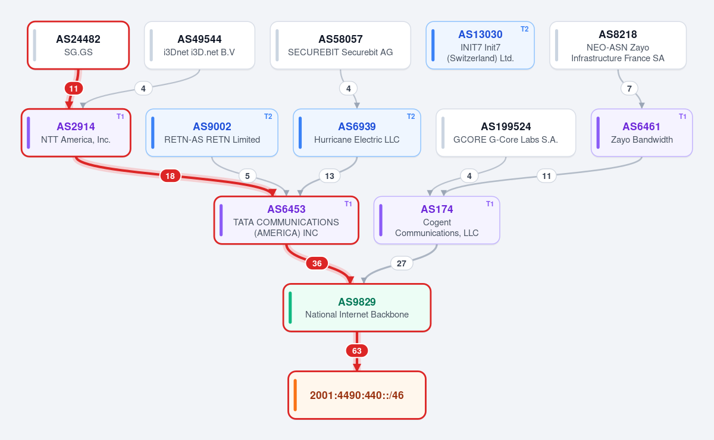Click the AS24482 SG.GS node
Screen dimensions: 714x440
click(78, 45)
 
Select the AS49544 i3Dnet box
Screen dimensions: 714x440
click(199, 45)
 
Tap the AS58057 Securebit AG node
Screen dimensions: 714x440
click(340, 45)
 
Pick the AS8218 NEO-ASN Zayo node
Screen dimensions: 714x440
click(618, 45)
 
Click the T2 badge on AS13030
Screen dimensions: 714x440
click(524, 29)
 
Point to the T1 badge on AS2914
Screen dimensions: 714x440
click(120, 117)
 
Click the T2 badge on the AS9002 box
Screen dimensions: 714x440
click(268, 117)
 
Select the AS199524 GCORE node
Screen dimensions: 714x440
click(506, 133)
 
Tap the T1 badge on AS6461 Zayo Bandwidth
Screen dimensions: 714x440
click(682, 117)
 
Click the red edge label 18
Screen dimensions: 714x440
click(170, 176)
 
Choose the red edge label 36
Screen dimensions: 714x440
click(317, 263)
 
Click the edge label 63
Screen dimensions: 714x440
click(356, 351)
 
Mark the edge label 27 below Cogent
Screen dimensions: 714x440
click(401, 263)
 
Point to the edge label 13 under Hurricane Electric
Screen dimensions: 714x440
click(329, 176)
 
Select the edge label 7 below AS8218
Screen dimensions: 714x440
click(630, 89)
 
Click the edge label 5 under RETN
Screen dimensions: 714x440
click(248, 176)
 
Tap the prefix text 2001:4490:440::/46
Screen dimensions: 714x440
click(356, 395)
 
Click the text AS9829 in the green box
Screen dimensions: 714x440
click(356, 301)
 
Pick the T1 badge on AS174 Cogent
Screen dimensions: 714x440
click(490, 203)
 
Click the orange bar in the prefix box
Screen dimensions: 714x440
click(295, 395)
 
